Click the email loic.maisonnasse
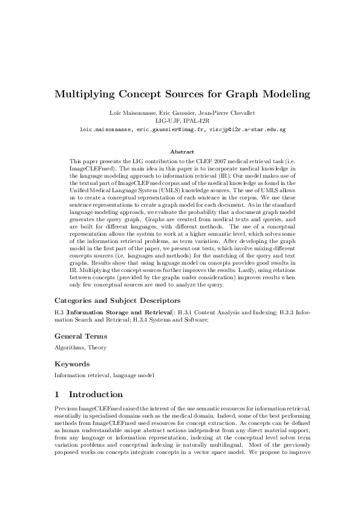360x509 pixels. [107, 129]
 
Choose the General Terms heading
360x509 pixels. [81, 336]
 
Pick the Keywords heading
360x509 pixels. [73, 365]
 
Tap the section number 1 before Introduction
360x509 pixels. [57, 395]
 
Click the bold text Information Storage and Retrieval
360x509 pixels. [120, 313]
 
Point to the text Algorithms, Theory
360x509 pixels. [75, 348]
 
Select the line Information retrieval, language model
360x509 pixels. [104, 375]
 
